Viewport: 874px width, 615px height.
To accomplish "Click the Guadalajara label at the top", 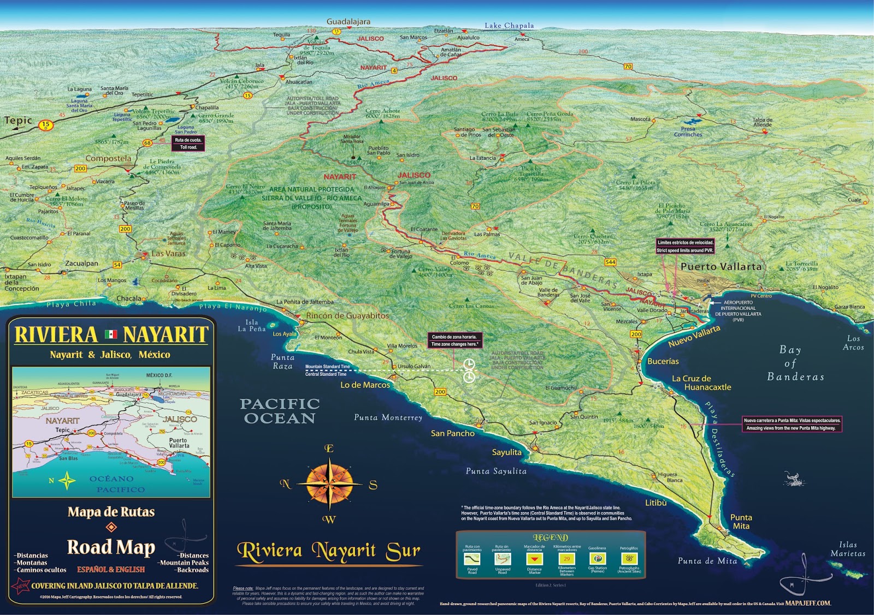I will click(x=348, y=22).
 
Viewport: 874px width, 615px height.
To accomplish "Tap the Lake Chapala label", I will click(x=509, y=26).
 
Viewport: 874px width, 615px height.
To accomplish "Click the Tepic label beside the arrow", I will click(x=19, y=120).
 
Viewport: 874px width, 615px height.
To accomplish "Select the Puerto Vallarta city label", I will click(x=721, y=267).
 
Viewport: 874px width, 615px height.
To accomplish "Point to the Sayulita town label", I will click(x=506, y=452).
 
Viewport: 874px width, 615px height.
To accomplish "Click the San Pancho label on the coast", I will click(x=452, y=433).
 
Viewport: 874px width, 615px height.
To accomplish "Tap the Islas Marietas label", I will click(x=848, y=549).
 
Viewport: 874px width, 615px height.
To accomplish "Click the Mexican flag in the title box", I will click(x=111, y=334).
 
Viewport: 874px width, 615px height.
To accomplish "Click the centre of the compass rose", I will click(x=329, y=483).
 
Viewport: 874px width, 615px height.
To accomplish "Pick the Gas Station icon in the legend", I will click(x=598, y=559).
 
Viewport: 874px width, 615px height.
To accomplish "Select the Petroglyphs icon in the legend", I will click(x=629, y=559).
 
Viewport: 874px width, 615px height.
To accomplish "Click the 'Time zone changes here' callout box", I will click(x=454, y=341).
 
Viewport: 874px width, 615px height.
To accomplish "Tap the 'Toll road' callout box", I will click(x=188, y=144).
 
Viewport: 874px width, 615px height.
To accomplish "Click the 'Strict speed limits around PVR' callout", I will click(x=685, y=247).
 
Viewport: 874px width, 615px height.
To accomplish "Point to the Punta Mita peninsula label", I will click(x=741, y=522).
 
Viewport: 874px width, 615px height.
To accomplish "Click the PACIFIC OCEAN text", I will click(x=280, y=411).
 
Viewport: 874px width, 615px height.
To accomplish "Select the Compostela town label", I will click(x=108, y=159).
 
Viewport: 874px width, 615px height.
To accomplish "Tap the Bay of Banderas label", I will click(x=795, y=363).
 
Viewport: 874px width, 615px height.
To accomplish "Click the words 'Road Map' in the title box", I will click(x=111, y=547).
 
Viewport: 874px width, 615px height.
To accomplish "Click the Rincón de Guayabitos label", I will click(x=347, y=315).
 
